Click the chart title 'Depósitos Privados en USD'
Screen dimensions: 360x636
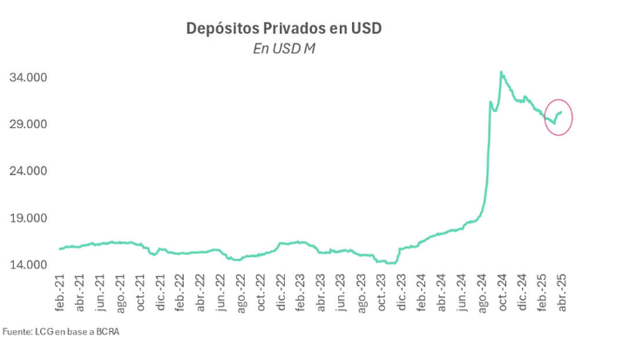pyautogui.click(x=284, y=29)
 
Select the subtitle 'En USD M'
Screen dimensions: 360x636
pyautogui.click(x=284, y=49)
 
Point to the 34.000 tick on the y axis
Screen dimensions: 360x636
pyautogui.click(x=28, y=78)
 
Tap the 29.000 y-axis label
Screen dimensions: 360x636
pyautogui.click(x=28, y=125)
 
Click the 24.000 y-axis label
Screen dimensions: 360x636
pyautogui.click(x=28, y=172)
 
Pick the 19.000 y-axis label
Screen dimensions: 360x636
pyautogui.click(x=28, y=218)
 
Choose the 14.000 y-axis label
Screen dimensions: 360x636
pyautogui.click(x=28, y=265)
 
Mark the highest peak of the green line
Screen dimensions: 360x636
pyautogui.click(x=501, y=72)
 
